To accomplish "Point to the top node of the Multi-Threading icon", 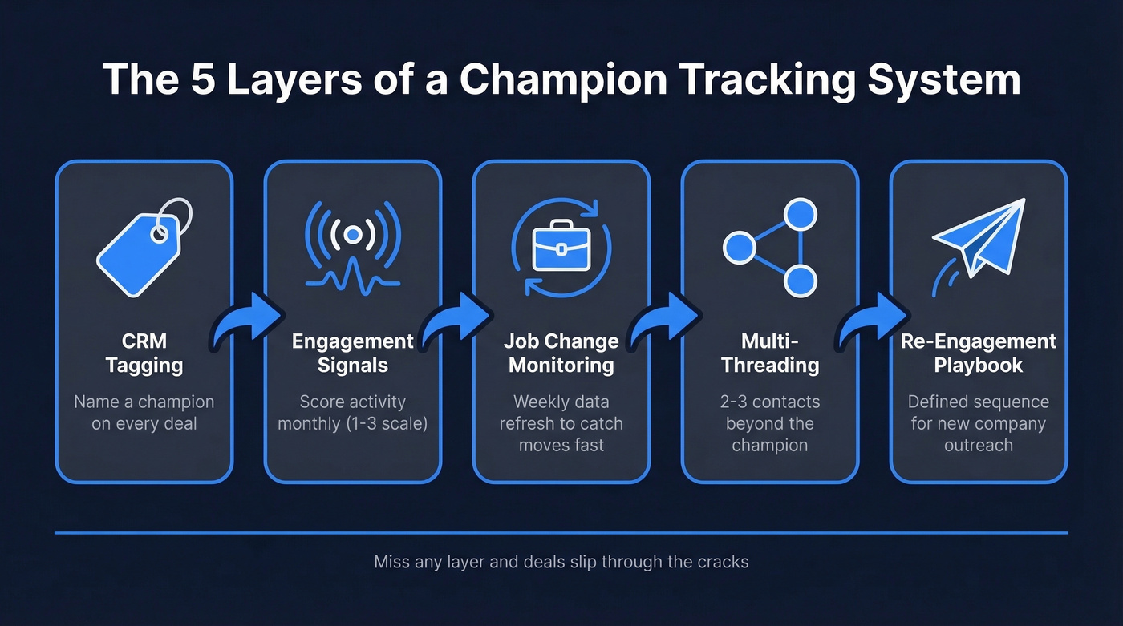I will click(799, 215).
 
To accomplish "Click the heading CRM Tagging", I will click(144, 353).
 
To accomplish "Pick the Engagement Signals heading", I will click(352, 353).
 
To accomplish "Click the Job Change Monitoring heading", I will click(561, 353).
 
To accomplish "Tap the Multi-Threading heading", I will click(769, 353).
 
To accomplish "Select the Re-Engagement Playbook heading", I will click(978, 353).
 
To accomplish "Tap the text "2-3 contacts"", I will click(769, 402).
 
